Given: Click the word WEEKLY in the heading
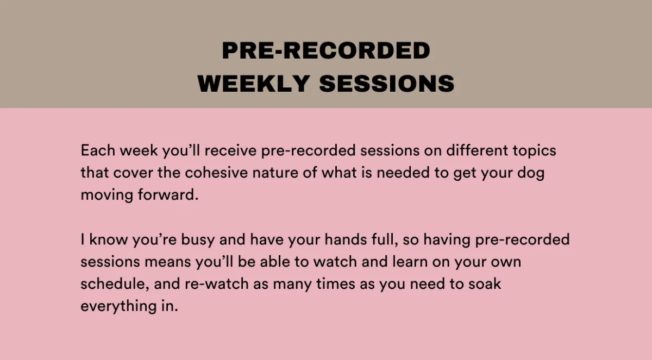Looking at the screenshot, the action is point(254,84).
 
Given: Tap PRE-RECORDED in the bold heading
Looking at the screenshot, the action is point(326,50).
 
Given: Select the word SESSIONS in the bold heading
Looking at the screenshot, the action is point(387,84).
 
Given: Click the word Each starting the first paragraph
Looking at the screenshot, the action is point(98,150).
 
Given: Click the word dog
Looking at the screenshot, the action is point(531,173).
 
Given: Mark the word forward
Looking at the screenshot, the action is point(168,194).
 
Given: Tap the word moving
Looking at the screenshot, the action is point(107,195).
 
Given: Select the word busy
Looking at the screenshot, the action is point(198,240).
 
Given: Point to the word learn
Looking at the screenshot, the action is point(410,262).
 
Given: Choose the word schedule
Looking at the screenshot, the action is point(115,284).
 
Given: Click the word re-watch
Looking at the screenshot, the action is point(217,284).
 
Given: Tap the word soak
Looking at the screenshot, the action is point(485,284).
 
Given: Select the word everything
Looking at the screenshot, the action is point(118,306).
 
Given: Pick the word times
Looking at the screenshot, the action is point(336,284).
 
